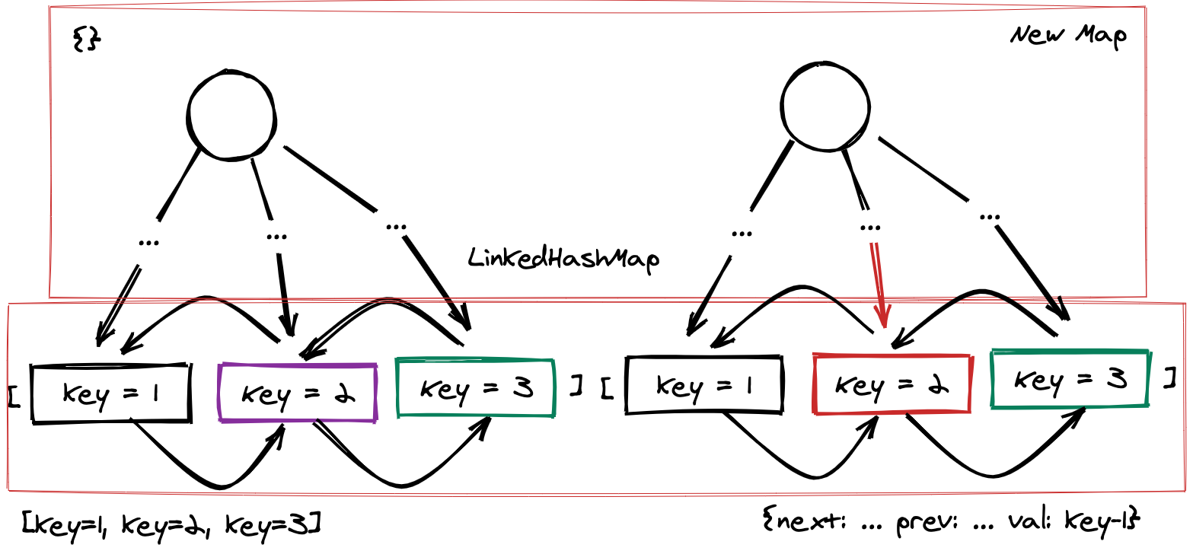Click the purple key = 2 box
tap(298, 393)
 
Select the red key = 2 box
tap(892, 384)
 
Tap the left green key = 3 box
tap(476, 388)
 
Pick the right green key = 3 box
tap(1070, 378)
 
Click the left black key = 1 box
tap(111, 393)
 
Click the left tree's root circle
tap(231, 116)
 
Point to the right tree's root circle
tap(825, 106)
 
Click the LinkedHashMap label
tap(563, 259)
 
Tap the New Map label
tap(1068, 36)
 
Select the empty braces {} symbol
tap(86, 40)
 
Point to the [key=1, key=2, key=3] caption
tap(171, 524)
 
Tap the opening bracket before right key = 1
tap(607, 388)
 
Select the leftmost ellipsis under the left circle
tap(148, 242)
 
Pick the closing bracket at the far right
tap(1170, 377)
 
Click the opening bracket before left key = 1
tap(14, 395)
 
